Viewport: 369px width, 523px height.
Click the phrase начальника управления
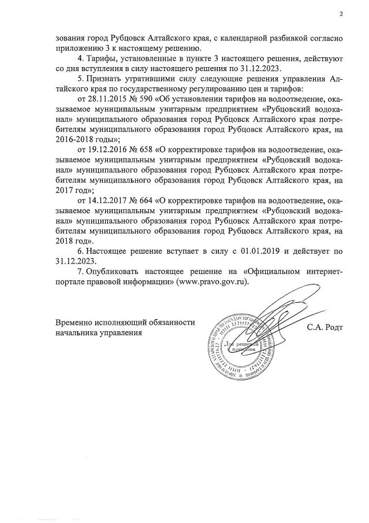pos(98,333)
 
